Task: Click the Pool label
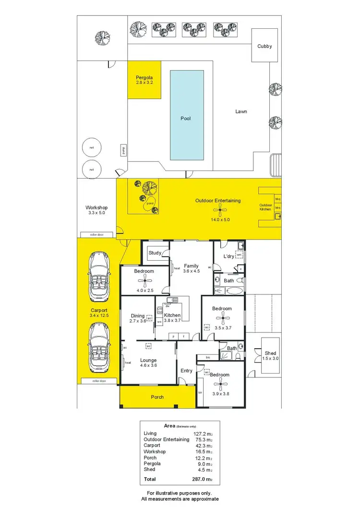[x=185, y=118]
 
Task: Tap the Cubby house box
[x=264, y=46]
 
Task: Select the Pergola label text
[x=144, y=77]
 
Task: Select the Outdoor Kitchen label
[x=265, y=207]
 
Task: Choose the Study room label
[x=155, y=253]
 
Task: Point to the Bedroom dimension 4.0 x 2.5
[x=144, y=291]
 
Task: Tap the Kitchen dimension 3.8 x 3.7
[x=171, y=320]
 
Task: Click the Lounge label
[x=148, y=360]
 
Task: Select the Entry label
[x=186, y=370]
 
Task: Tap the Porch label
[x=157, y=397]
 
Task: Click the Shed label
[x=270, y=353]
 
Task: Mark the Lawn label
[x=241, y=111]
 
